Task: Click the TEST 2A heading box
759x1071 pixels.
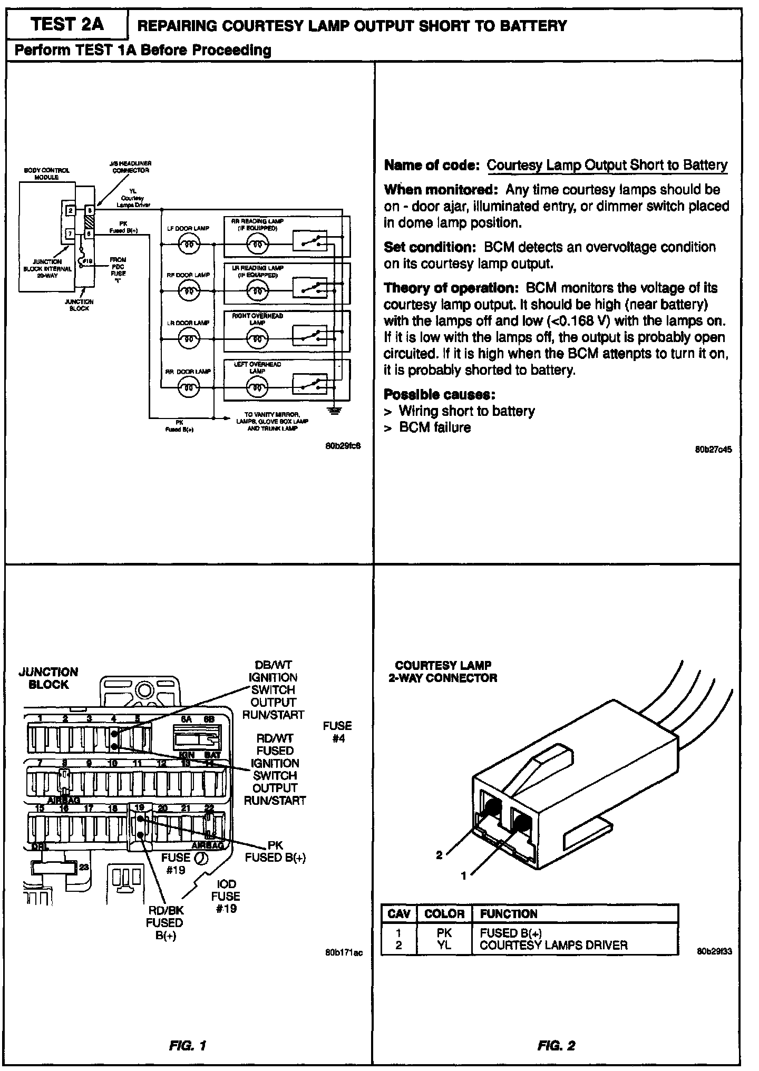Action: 67,25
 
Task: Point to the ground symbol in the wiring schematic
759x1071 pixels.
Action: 333,410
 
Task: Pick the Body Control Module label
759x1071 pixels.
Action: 47,173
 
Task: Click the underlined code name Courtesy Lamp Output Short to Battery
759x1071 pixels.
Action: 607,165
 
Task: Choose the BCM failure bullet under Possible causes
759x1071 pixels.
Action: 434,427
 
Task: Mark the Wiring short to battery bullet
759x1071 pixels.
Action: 466,411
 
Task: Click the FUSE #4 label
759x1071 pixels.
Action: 337,732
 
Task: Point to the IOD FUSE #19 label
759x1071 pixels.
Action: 226,896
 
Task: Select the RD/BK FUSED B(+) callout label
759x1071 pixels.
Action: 164,922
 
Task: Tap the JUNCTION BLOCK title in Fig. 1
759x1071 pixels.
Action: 48,678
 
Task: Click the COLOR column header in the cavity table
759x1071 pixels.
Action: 444,914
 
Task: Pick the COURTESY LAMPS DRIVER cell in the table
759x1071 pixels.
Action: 553,945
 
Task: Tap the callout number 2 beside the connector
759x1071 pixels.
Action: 439,855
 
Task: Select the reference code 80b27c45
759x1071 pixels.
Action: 713,450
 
